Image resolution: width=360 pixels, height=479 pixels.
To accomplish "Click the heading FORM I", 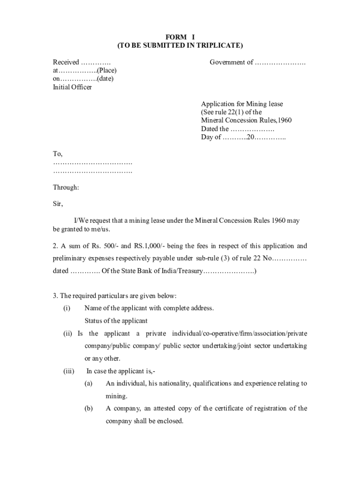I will (x=180, y=37).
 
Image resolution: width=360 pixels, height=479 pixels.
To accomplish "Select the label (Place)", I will (x=107, y=71).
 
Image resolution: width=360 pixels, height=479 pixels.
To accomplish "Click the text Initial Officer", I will (x=72, y=87).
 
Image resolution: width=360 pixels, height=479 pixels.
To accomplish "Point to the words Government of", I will (x=231, y=62).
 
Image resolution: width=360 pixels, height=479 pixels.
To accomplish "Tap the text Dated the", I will (x=215, y=129).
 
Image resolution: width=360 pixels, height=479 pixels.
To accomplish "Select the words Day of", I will (x=211, y=137).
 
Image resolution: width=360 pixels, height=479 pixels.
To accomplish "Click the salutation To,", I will (x=58, y=154).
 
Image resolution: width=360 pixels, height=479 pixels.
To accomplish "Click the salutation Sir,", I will (x=58, y=204).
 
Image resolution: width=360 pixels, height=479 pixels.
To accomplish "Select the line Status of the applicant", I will (x=116, y=321).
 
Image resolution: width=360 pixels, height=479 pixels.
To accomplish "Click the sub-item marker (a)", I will (x=88, y=384).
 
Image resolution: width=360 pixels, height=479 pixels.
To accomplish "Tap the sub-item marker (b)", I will (x=88, y=408).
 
